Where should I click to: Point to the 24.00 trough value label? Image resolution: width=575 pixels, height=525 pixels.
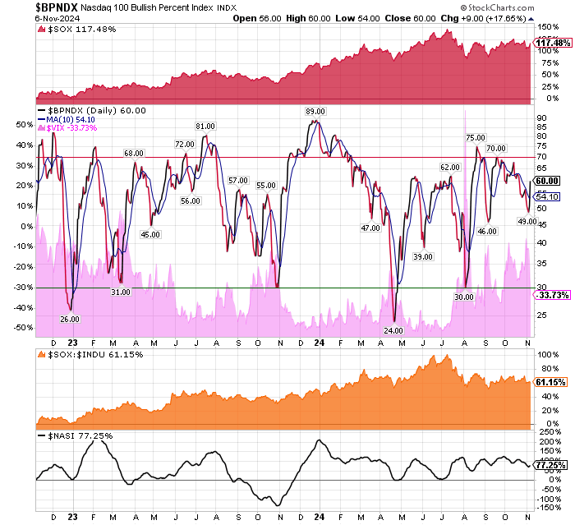(x=393, y=330)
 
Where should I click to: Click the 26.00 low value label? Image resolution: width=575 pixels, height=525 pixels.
(x=70, y=319)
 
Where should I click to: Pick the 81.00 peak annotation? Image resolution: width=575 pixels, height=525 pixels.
(x=205, y=126)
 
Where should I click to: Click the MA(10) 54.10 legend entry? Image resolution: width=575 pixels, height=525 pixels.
(x=67, y=119)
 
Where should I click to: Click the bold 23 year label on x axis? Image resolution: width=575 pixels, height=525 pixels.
(x=73, y=344)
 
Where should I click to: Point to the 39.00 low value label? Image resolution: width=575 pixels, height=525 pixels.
(x=423, y=257)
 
